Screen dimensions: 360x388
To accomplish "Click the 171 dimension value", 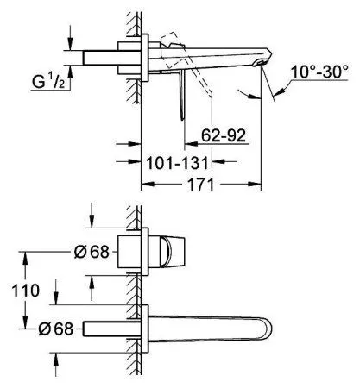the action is pyautogui.click(x=201, y=185).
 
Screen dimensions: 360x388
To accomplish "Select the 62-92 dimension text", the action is pyautogui.click(x=224, y=135).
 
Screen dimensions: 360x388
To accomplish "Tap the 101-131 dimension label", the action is pyautogui.click(x=177, y=163).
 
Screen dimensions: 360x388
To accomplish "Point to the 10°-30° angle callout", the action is pyautogui.click(x=319, y=72).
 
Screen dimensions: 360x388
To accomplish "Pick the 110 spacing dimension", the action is pyautogui.click(x=25, y=291).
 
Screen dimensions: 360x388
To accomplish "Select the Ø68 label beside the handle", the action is pyautogui.click(x=92, y=252).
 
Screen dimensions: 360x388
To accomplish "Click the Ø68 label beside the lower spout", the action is pyautogui.click(x=56, y=329).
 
